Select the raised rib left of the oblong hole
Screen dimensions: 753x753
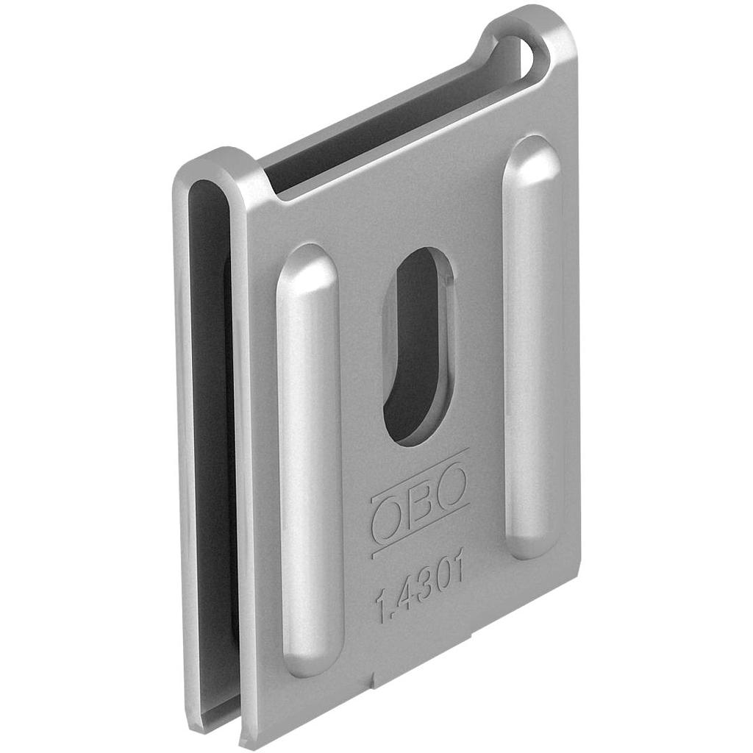pos(310,459)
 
